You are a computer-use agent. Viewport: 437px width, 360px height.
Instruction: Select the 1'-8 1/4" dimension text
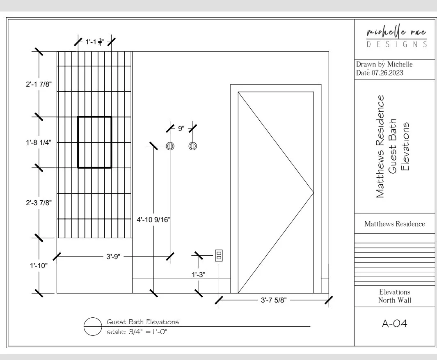point(39,142)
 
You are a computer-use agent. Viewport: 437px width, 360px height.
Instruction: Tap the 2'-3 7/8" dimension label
point(39,202)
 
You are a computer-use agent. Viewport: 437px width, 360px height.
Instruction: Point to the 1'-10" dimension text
point(39,266)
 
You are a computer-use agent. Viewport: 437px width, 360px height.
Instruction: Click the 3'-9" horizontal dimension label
point(113,257)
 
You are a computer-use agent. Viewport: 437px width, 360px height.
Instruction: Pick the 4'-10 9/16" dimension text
point(153,220)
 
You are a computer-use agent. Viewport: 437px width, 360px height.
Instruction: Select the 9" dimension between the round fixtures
point(181,128)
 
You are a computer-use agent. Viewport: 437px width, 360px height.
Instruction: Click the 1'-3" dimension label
point(199,275)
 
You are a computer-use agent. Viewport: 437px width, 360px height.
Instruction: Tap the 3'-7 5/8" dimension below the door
point(274,300)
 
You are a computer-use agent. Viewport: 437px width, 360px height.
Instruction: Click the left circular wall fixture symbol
point(170,146)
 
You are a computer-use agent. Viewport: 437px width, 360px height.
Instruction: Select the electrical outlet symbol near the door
point(219,256)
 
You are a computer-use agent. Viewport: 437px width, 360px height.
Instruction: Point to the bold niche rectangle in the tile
point(95,142)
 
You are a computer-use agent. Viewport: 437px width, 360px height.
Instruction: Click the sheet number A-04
point(394,324)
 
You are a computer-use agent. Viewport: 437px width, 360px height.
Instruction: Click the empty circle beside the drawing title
point(93,327)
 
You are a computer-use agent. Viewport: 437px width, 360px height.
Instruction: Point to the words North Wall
point(394,300)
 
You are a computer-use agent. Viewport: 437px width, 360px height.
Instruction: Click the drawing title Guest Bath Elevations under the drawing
point(143,322)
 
